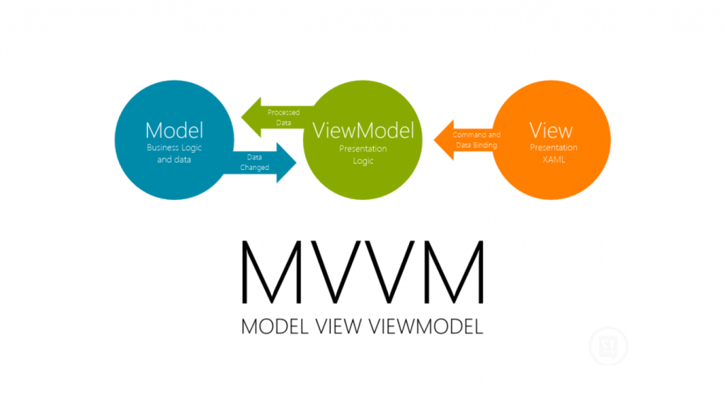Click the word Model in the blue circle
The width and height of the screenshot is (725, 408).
[x=174, y=130]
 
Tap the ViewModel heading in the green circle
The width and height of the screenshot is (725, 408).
[x=362, y=131]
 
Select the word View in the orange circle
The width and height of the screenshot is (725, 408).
[x=551, y=131]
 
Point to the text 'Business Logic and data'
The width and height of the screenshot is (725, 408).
[x=174, y=154]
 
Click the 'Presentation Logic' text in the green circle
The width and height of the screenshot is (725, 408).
[x=362, y=155]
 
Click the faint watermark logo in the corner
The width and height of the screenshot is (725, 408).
[x=610, y=345]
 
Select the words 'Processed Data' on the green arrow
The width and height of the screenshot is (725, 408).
[x=283, y=118]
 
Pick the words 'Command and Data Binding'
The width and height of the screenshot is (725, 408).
[x=476, y=140]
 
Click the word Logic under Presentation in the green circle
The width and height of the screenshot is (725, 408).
[x=362, y=161]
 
